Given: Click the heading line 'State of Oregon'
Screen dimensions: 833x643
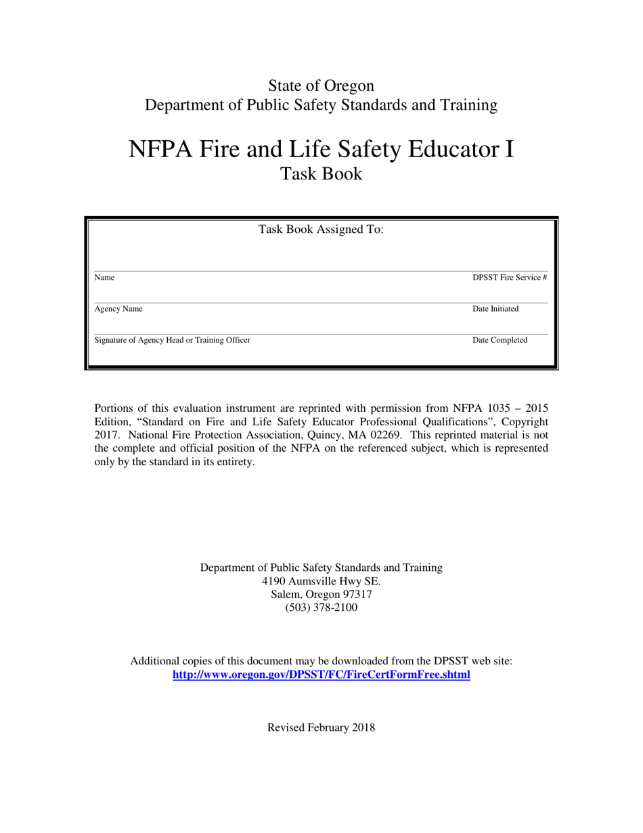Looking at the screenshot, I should pos(321,86).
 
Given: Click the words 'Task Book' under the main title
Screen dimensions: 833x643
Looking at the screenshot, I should pos(321,174).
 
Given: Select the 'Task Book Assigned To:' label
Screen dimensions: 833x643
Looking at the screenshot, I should pos(321,230).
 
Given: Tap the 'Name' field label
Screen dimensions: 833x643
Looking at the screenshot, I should pos(104,278).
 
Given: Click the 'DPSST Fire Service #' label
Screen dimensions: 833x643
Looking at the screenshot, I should pos(509,278).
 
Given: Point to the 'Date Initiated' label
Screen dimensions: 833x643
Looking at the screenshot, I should pos(495,309).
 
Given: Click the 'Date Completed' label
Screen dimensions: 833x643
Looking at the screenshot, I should pos(500,341).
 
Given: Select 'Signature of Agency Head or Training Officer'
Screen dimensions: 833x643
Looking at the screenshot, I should pos(172,341).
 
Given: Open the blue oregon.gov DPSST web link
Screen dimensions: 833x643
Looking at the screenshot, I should pos(321,675).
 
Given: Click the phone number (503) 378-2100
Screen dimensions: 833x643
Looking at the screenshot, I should pos(321,607).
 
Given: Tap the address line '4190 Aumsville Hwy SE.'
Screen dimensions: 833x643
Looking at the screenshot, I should pos(321,581).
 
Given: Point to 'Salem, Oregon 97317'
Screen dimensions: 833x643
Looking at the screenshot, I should pos(321,595).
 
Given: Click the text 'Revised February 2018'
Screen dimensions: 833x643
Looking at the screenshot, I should pos(321,728).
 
